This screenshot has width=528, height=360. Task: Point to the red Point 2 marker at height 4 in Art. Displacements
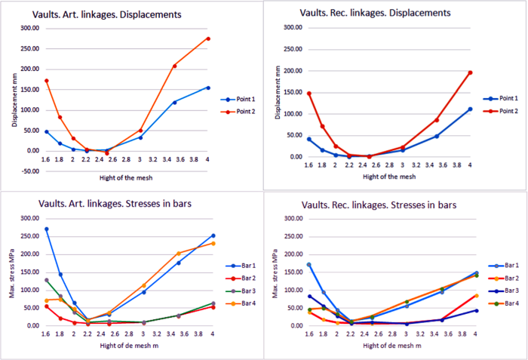[208, 38]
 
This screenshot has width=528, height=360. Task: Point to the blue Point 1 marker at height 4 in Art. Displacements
[208, 88]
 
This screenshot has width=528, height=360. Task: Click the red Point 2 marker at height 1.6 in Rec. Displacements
[309, 94]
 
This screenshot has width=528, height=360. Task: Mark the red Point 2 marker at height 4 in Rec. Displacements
[470, 72]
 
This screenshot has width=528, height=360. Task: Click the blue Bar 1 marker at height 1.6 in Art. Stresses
[47, 229]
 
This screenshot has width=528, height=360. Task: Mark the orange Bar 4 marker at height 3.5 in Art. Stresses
[179, 254]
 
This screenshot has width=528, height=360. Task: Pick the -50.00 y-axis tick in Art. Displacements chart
[30, 171]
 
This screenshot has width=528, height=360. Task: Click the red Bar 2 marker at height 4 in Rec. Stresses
[475, 295]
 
